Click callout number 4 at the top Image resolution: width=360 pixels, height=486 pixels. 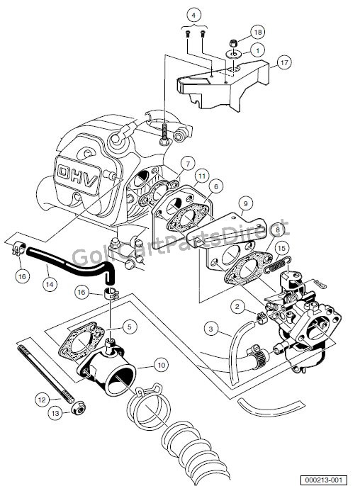195,13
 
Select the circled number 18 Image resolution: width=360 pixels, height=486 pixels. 257,33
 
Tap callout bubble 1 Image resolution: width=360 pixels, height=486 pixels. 257,50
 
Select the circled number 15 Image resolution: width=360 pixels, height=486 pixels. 281,248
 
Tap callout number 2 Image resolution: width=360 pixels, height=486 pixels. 239,307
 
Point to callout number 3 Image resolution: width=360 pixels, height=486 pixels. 210,329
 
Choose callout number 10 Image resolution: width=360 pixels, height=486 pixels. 161,365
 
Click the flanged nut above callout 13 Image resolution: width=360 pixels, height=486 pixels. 78,408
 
